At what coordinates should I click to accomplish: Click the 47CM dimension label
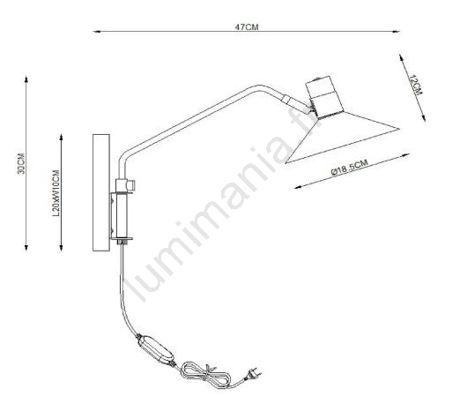click(x=247, y=27)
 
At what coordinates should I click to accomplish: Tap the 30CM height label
click(x=21, y=163)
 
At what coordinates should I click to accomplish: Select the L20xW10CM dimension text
click(x=56, y=193)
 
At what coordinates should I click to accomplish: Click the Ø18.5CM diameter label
click(x=349, y=168)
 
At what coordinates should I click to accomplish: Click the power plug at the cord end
click(x=255, y=373)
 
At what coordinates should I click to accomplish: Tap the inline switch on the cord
click(x=155, y=350)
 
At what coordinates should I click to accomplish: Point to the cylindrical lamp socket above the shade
click(x=324, y=96)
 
